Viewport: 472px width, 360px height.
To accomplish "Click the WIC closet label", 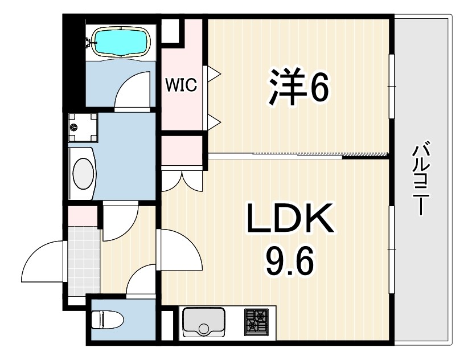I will pos(181,85).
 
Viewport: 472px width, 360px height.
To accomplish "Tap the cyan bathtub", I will pos(122,42).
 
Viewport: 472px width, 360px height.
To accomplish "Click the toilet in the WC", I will pos(108,320).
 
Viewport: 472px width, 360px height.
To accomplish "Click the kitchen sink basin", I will pos(204,322).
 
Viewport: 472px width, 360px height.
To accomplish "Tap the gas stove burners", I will pos(257,321).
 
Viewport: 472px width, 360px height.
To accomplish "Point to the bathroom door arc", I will pos(133,90).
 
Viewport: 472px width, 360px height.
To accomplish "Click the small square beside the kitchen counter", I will pos(169,325).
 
